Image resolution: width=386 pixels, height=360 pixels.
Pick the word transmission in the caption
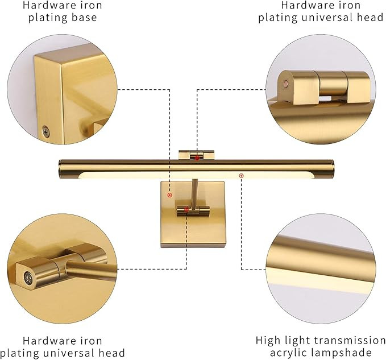click(x=350, y=340)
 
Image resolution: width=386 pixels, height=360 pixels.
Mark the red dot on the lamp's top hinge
click(x=197, y=158)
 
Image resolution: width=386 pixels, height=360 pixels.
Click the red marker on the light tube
click(x=242, y=175)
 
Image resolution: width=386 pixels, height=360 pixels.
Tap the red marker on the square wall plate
click(x=169, y=195)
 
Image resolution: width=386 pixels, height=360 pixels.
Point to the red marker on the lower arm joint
click(x=186, y=210)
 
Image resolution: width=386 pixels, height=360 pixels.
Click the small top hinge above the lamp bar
click(x=196, y=154)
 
